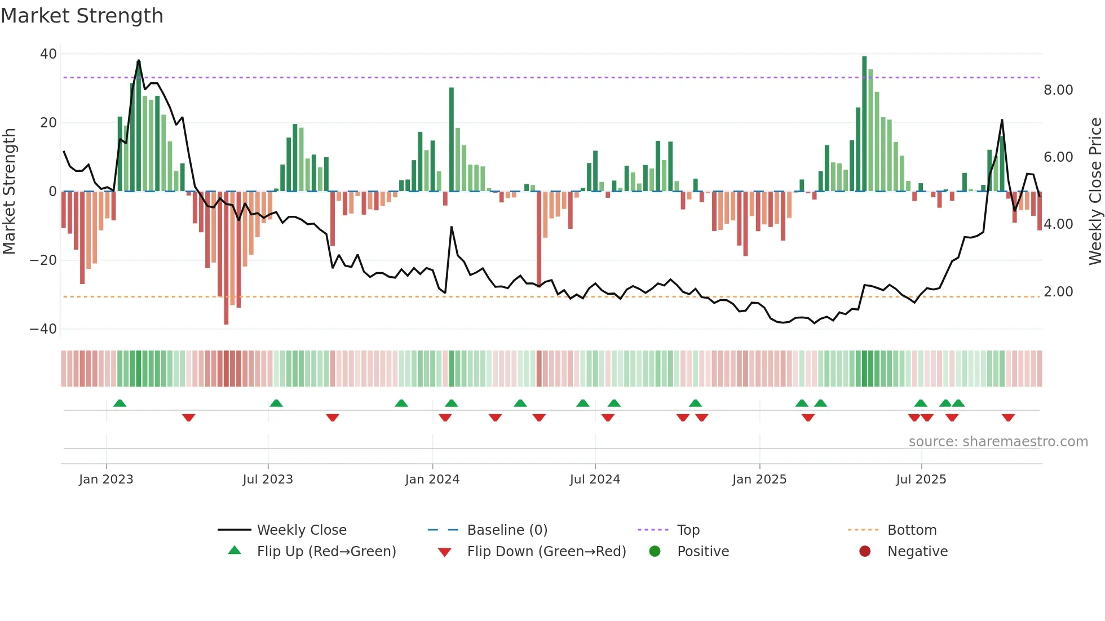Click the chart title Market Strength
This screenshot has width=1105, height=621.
click(x=82, y=16)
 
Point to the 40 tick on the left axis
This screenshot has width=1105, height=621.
click(x=48, y=54)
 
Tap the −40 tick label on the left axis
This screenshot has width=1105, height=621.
click(x=43, y=329)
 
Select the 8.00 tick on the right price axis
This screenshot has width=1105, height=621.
click(x=1058, y=90)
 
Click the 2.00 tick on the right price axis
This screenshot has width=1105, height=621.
click(x=1058, y=292)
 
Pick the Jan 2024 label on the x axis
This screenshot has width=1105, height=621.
click(x=432, y=480)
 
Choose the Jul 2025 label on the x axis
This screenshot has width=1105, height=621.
click(x=921, y=480)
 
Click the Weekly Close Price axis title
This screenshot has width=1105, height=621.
click(x=1095, y=191)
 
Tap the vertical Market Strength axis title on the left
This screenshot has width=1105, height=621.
click(x=10, y=191)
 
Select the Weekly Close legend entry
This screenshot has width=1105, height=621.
click(x=301, y=530)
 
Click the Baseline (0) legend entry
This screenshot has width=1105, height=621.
click(x=507, y=530)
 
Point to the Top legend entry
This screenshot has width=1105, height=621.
click(x=688, y=530)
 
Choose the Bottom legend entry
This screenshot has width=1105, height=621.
click(x=912, y=530)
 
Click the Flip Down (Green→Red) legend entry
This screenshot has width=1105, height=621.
click(x=546, y=552)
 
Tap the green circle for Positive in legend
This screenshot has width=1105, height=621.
click(x=655, y=552)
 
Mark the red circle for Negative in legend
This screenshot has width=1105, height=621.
click(x=865, y=552)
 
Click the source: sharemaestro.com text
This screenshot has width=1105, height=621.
click(x=998, y=442)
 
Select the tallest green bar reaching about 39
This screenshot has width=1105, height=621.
click(x=864, y=124)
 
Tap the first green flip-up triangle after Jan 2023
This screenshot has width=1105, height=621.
click(x=120, y=403)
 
